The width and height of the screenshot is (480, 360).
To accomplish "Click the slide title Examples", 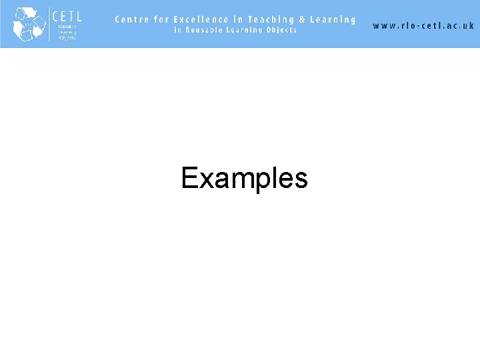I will point(244,179).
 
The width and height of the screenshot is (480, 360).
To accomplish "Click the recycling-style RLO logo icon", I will point(28,23).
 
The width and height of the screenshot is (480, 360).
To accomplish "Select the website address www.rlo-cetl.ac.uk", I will point(423,25).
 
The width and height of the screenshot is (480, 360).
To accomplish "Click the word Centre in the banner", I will point(133,19).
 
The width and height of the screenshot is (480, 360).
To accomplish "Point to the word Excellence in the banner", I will point(201,19).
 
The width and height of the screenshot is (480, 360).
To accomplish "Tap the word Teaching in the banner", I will point(271,20).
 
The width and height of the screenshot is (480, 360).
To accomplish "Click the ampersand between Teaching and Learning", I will point(302,19).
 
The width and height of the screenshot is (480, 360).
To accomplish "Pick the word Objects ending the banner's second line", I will point(280,30).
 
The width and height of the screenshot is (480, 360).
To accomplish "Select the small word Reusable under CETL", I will point(67,26).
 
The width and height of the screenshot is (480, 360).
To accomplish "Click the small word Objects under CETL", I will point(67,37).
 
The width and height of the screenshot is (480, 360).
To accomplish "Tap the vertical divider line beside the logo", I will point(49,23).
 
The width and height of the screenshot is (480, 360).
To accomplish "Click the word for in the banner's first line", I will point(163,19).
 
